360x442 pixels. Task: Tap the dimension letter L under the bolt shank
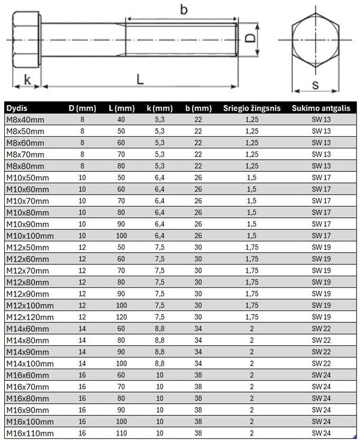[139, 78]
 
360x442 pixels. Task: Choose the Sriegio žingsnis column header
[252, 108]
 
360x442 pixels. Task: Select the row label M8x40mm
[25, 120]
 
